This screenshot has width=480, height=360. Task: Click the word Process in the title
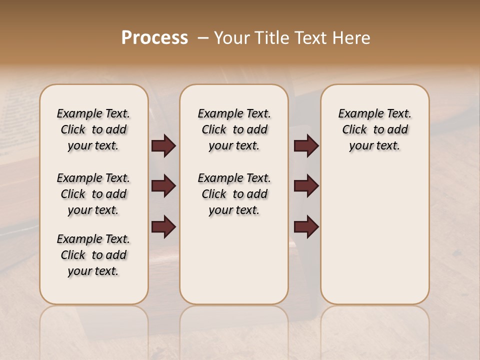154,38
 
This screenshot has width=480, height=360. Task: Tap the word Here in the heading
353,38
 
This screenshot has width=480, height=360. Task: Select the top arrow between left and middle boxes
163,146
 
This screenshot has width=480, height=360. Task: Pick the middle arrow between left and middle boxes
163,186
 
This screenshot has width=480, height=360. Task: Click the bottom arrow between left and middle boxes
163,226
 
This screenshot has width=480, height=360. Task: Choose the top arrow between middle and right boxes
306,146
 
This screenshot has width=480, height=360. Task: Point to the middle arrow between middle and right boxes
306,186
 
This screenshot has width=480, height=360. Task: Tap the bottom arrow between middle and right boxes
306,226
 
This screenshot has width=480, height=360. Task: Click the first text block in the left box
93,129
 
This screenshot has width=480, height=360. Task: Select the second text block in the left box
93,194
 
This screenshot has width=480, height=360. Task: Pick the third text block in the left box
93,255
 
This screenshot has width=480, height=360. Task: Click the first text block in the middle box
234,129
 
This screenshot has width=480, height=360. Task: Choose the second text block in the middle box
234,194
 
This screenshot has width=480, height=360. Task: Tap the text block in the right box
374,129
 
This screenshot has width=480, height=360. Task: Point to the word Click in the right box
354,130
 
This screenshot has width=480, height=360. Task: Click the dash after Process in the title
203,38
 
